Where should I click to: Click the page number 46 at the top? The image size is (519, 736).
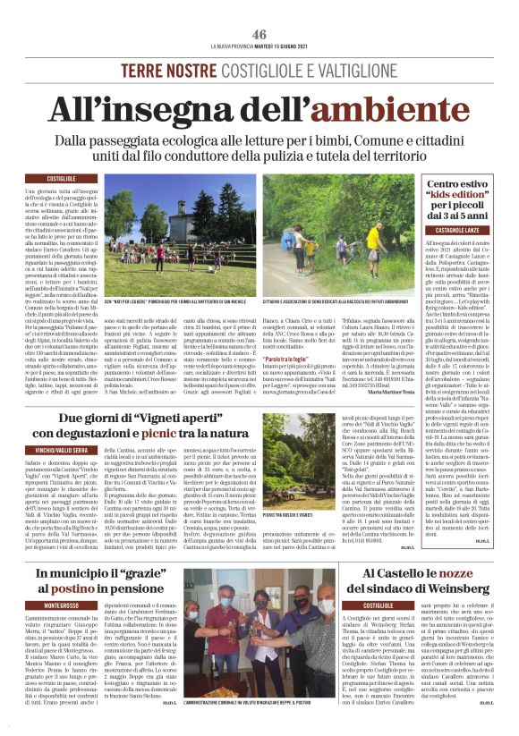click(259, 33)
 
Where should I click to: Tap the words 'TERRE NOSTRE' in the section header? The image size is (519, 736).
click(174, 70)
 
